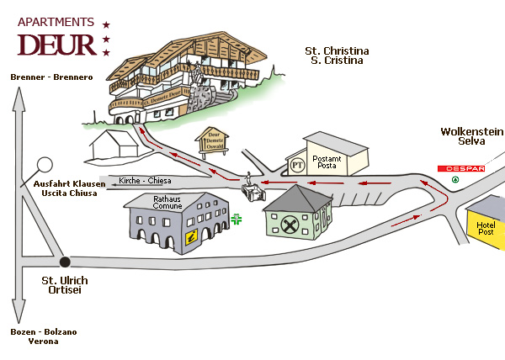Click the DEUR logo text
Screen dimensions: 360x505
pos(56,43)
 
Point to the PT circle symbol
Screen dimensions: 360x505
pos(296,163)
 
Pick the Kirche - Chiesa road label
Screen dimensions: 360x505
pos(146,181)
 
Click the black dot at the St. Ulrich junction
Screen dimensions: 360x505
pos(65,262)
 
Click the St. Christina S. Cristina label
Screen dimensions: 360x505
pos(337,56)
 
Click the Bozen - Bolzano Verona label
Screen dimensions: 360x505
pos(45,336)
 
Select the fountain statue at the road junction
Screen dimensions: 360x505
pos(251,186)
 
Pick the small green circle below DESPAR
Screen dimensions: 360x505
pos(455,179)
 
